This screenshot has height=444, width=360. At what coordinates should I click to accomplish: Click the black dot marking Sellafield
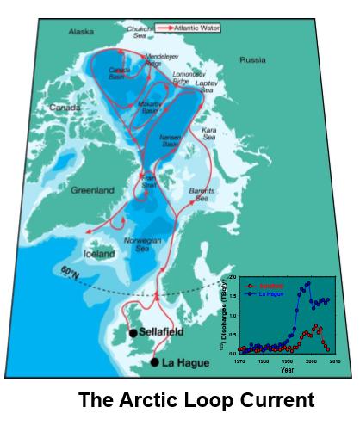(x=133, y=332)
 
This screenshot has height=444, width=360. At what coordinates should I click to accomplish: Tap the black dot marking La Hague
(x=155, y=362)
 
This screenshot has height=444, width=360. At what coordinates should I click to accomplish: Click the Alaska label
(x=81, y=32)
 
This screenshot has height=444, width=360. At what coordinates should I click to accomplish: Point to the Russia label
(x=254, y=60)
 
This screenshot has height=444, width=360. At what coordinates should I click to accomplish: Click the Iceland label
(x=97, y=255)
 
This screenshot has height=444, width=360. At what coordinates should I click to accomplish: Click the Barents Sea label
(x=203, y=194)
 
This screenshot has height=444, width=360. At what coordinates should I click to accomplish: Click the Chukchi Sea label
(x=140, y=32)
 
